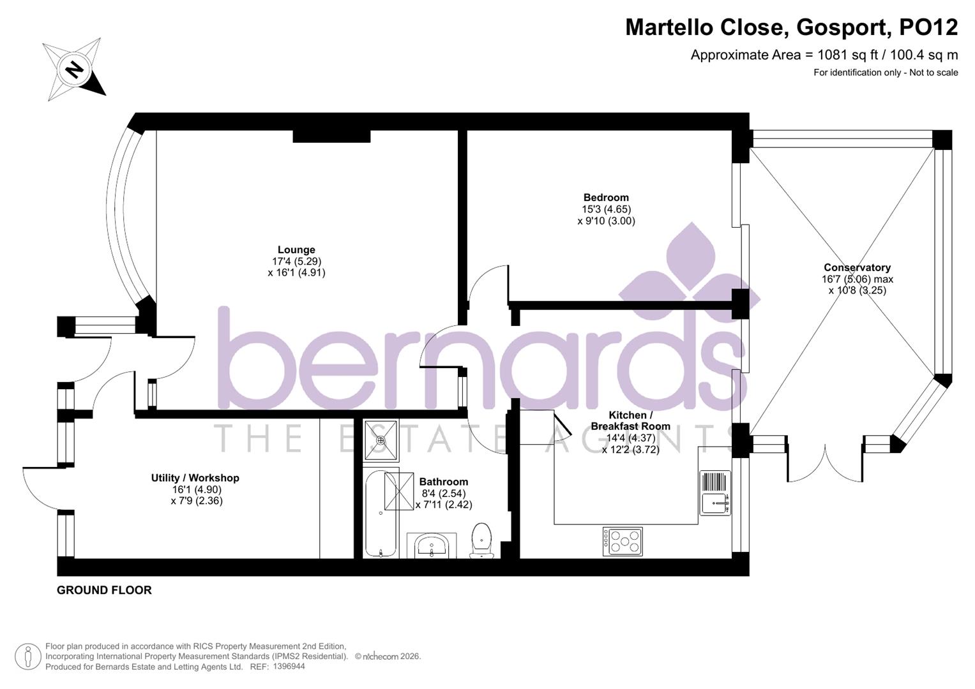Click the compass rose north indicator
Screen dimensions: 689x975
[73, 68]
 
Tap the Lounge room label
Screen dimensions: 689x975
[296, 250]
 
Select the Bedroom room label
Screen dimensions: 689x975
[605, 198]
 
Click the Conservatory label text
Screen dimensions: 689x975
[857, 268]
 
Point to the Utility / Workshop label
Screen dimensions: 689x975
[195, 478]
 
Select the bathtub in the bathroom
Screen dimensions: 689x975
[381, 514]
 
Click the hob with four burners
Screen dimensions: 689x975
[623, 541]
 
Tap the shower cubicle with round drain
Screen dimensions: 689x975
[381, 440]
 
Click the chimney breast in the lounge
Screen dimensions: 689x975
[331, 136]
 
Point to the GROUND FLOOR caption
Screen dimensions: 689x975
[104, 590]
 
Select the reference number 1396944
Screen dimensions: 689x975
[289, 666]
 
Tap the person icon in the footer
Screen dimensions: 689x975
[27, 656]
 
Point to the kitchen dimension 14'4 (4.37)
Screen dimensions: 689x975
[630, 438]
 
